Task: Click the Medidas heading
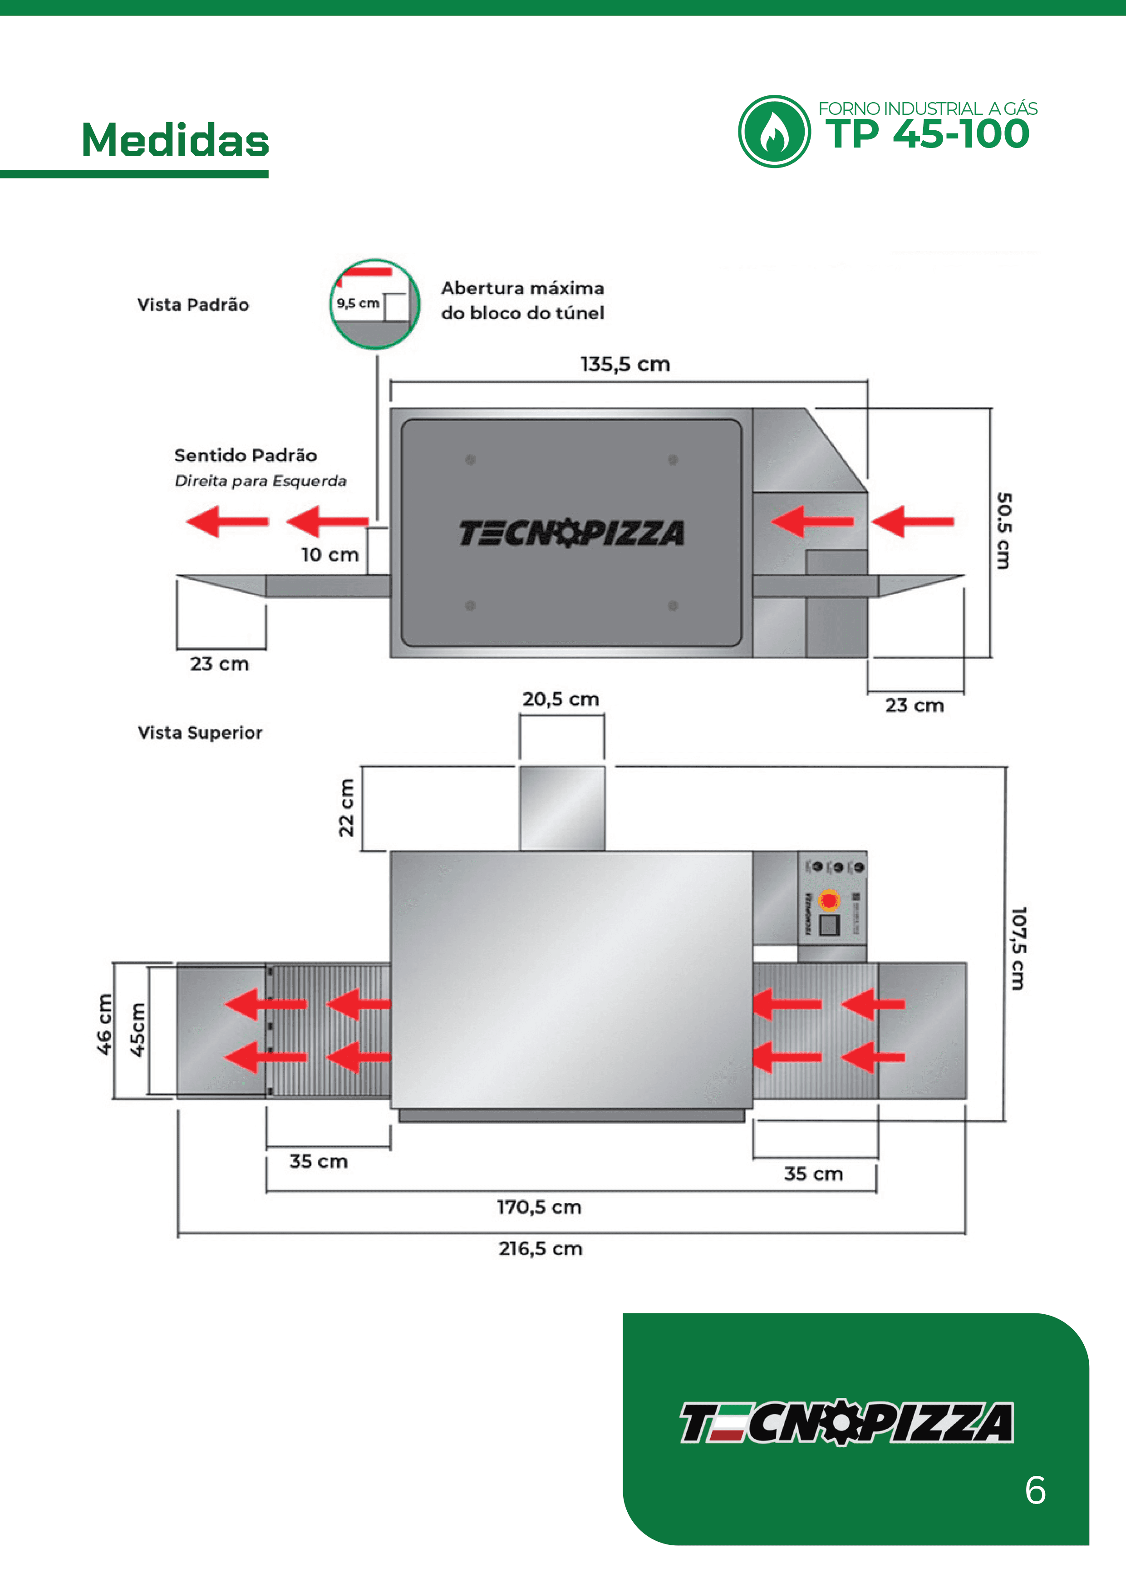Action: click(x=175, y=140)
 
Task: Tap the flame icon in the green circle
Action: click(x=773, y=132)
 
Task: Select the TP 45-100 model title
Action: click(x=927, y=134)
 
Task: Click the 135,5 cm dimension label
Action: click(x=625, y=364)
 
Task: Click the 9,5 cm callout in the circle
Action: click(x=358, y=303)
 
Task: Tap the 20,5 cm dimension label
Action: click(x=561, y=700)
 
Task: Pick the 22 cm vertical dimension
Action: click(x=346, y=808)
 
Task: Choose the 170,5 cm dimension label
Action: click(x=539, y=1207)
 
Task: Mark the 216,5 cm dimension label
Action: click(x=541, y=1249)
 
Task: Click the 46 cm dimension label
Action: click(x=104, y=1025)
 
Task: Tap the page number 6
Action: click(x=1035, y=1490)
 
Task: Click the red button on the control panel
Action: click(x=828, y=901)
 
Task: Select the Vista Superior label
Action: click(x=200, y=733)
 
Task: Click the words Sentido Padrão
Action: click(x=246, y=456)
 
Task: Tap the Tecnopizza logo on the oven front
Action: click(x=571, y=533)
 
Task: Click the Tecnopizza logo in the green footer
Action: click(x=846, y=1422)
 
